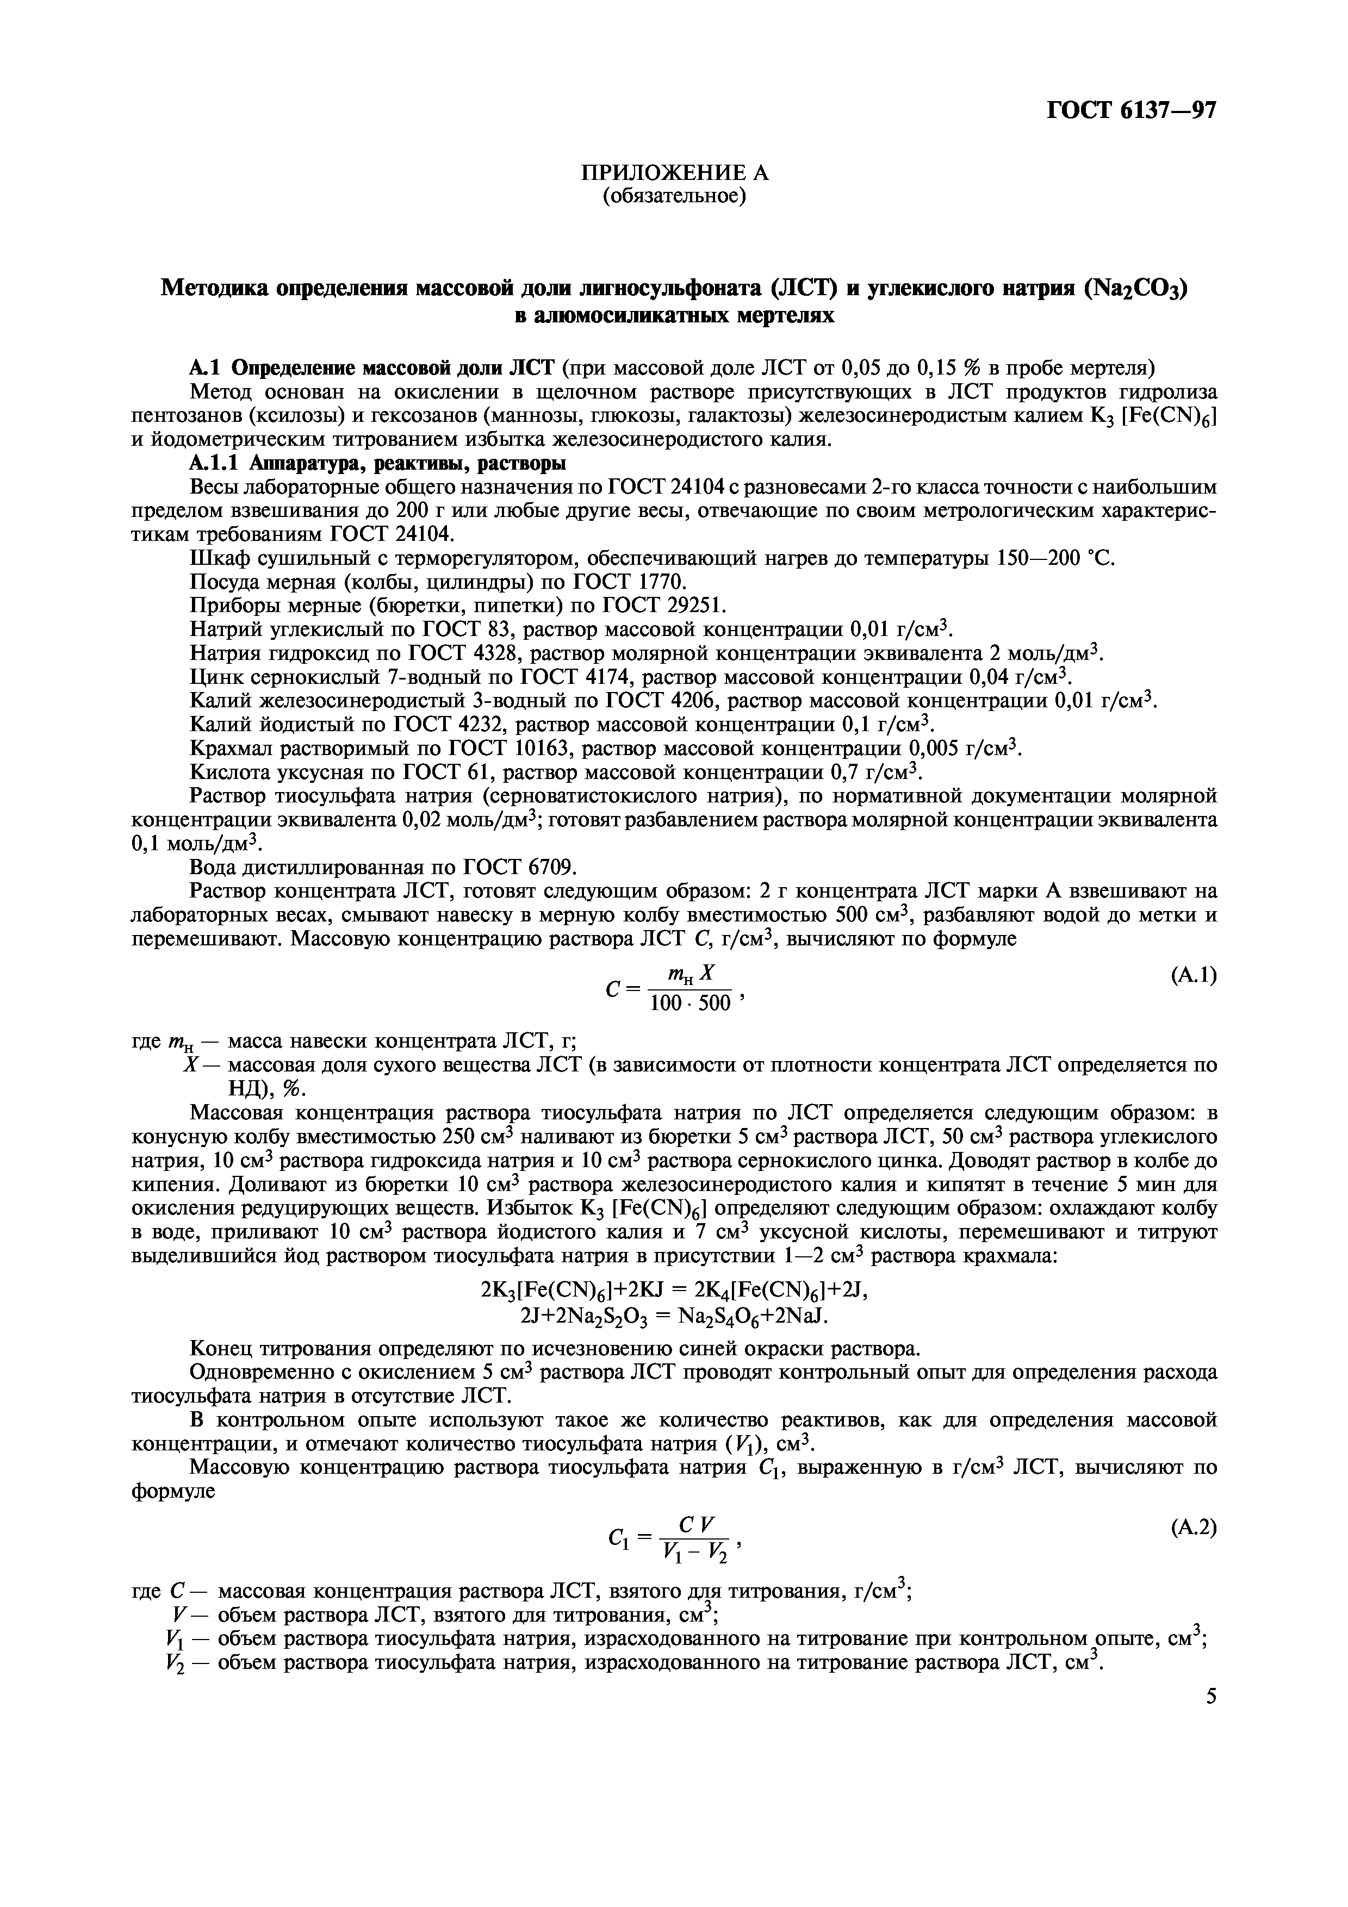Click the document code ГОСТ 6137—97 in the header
(x=1131, y=110)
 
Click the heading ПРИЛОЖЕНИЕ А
(x=674, y=173)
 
